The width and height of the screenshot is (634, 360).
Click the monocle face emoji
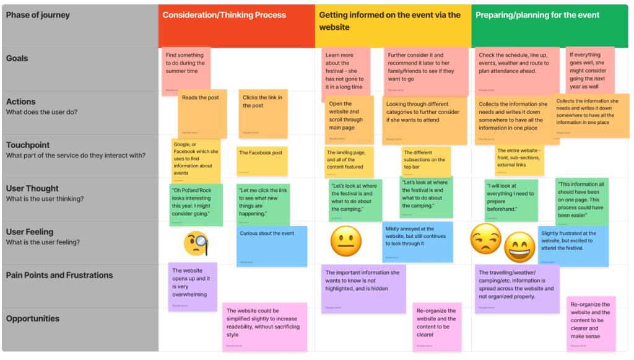(196, 244)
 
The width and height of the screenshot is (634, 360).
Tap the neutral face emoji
(345, 241)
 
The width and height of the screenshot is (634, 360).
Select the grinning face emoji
(519, 246)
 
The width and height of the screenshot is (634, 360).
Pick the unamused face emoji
(486, 238)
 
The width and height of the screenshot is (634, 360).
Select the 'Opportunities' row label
(33, 318)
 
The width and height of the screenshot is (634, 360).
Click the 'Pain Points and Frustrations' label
(59, 275)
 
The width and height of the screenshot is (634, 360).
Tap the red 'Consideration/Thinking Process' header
(224, 15)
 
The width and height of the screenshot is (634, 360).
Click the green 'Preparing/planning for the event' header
(537, 15)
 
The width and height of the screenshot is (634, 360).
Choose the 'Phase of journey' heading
(38, 15)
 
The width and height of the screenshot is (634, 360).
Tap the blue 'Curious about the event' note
(272, 246)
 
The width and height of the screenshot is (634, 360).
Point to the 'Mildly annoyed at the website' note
(417, 242)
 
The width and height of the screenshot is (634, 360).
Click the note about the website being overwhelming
(193, 286)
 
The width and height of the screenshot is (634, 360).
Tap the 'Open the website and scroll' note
(350, 119)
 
